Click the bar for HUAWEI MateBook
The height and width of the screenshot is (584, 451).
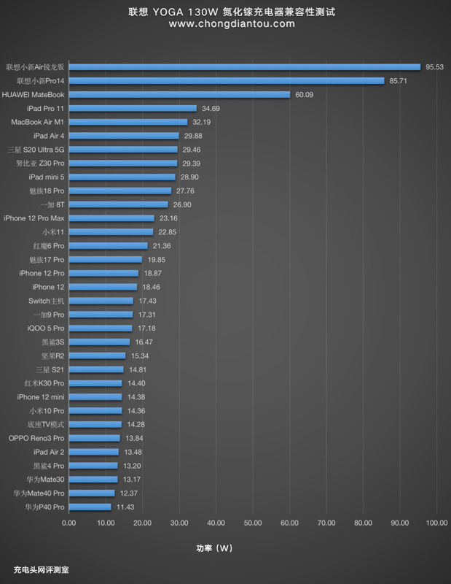[x=179, y=94]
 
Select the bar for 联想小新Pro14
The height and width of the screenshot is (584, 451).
[x=226, y=80]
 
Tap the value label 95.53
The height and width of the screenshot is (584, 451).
[x=435, y=67]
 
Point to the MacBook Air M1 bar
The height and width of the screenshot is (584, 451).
[x=128, y=122]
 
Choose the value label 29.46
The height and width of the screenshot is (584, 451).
[x=191, y=149]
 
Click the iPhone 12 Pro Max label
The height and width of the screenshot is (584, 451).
[x=34, y=218]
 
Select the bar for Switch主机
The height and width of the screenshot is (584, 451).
[x=101, y=301]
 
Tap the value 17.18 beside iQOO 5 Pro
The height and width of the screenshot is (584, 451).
[x=146, y=328]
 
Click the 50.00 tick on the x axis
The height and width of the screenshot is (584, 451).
[x=253, y=523]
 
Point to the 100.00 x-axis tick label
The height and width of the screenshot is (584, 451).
[x=436, y=523]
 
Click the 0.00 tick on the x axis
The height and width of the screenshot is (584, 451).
[x=68, y=523]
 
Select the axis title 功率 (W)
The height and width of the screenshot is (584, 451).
[x=215, y=547]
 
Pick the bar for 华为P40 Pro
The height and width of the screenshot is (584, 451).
[x=90, y=507]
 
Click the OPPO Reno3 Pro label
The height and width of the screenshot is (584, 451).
[x=36, y=438]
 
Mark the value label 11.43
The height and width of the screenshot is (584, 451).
[x=125, y=507]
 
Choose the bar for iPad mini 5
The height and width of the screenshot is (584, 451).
[x=122, y=177]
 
